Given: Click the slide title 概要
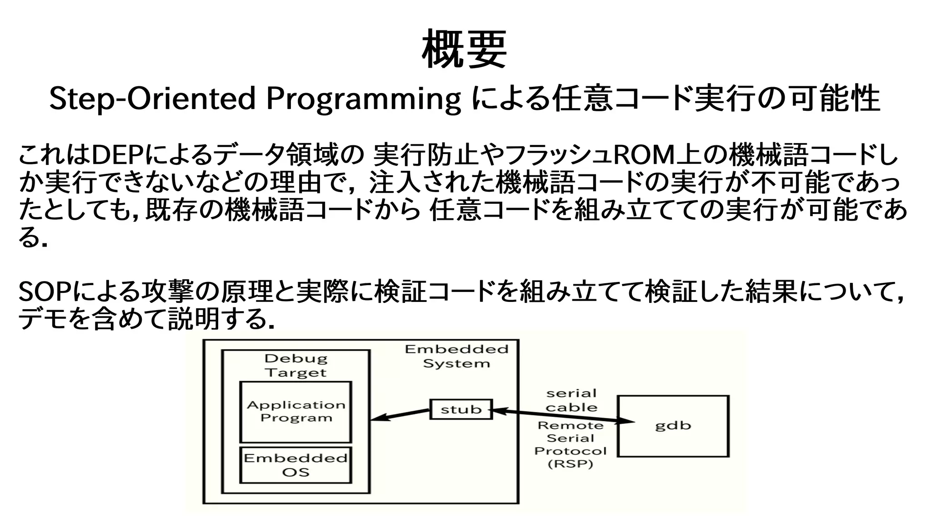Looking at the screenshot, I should pos(465,49).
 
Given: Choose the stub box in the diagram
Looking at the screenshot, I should pos(461,409).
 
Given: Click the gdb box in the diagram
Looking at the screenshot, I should pos(673,425).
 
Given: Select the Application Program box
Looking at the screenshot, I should pos(295,411).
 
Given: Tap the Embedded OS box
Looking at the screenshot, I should pos(295,465).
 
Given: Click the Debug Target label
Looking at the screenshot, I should pos(296,366).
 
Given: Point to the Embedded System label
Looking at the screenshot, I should pos(456,356).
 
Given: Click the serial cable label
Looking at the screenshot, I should pos(571,400).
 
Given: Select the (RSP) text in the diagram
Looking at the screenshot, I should pos(571,465).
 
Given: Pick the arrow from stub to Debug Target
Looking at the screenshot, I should pos(400,415).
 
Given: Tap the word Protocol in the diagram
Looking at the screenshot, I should pos(571,451).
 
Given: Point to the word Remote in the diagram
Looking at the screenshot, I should pos(571,426).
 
